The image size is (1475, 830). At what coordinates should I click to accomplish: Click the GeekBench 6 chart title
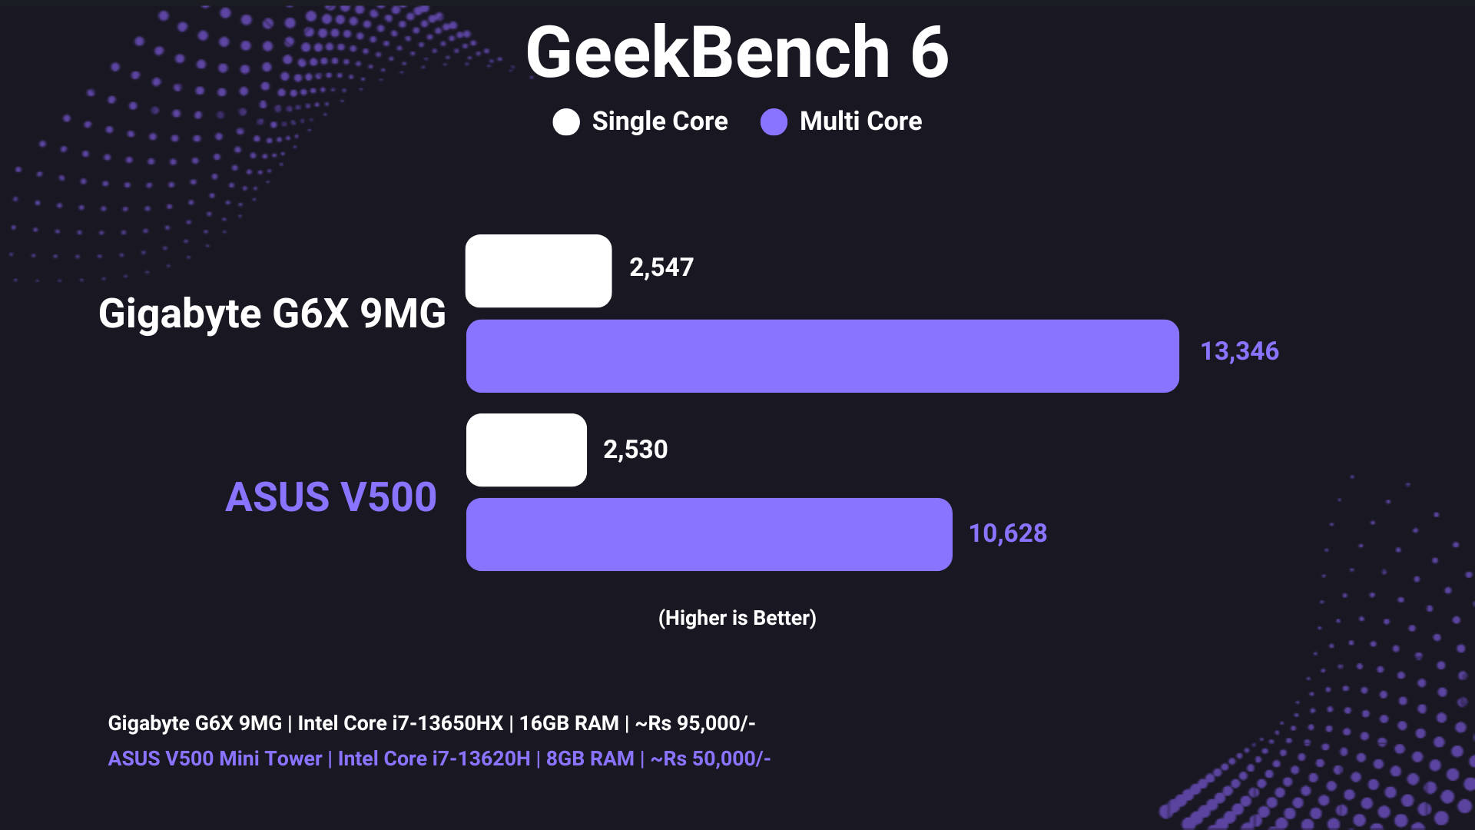coord(737,52)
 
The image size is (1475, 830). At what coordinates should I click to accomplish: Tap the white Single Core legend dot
coord(566,121)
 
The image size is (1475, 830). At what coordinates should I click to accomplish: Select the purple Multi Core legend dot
coord(774,121)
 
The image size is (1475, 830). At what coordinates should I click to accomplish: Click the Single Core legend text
coord(660,121)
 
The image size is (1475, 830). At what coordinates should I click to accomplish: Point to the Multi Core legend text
coord(860,121)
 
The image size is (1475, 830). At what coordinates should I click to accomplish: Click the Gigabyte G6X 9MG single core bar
coord(539,271)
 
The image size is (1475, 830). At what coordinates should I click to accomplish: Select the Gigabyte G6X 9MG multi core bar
coord(823,356)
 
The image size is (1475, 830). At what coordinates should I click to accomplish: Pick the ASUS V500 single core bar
coord(526,450)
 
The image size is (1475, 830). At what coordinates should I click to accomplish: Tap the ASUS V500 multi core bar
coord(709,534)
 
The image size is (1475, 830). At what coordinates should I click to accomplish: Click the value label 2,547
coord(661,267)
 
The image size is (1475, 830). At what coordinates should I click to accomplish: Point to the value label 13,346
coord(1239,351)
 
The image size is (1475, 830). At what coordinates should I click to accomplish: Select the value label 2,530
coord(635,450)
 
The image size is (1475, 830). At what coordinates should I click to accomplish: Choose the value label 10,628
coord(1007,533)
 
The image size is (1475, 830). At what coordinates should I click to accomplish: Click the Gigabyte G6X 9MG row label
coord(272,314)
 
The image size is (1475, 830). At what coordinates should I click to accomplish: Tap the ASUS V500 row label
coord(331,496)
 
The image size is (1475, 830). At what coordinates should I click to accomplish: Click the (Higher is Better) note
coord(737,618)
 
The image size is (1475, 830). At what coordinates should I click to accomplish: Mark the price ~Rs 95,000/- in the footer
coord(695,723)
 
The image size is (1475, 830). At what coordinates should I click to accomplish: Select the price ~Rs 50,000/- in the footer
coord(711,759)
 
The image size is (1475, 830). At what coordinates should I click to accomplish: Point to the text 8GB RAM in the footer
coord(590,759)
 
